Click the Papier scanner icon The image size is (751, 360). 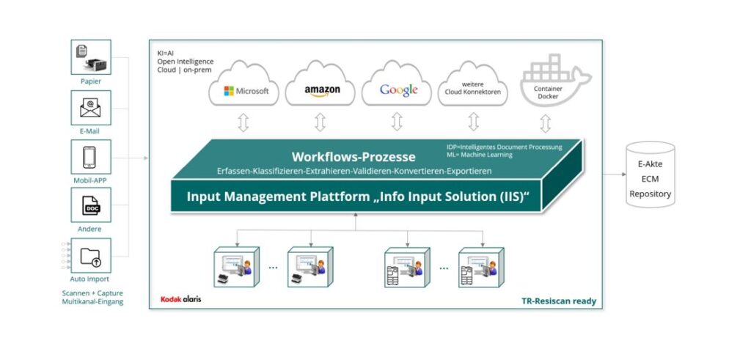(x=91, y=57)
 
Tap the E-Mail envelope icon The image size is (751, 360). (x=91, y=108)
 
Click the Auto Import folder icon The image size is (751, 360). (x=91, y=255)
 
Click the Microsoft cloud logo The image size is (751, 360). (x=246, y=92)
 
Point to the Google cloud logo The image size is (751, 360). (x=398, y=90)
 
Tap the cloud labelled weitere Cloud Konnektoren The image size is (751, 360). (x=473, y=88)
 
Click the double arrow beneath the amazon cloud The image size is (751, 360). (x=320, y=122)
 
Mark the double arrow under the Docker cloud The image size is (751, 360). (x=546, y=122)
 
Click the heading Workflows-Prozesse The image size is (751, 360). (x=353, y=157)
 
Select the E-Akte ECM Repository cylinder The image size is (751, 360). (x=651, y=175)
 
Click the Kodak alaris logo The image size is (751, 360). (x=180, y=299)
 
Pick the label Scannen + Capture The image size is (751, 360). (x=91, y=293)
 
